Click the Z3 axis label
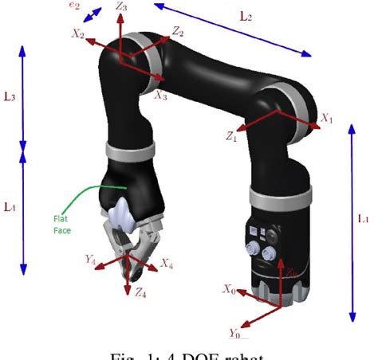pos(121,7)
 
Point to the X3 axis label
pos(161,95)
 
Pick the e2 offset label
pos(75,6)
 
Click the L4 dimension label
pos(10,206)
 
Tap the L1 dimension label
pos(364,217)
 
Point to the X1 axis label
pos(326,117)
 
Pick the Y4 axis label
pos(90,258)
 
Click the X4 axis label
pos(165,262)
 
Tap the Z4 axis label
pos(140,293)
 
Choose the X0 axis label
pos(229,289)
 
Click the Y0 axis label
pos(234,332)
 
